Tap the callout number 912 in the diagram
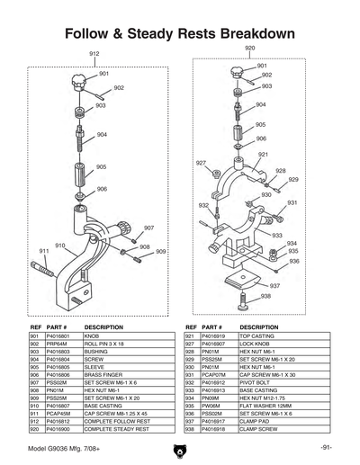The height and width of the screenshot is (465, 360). click(94, 54)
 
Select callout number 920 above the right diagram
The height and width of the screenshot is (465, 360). click(249, 47)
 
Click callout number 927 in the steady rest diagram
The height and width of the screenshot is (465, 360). click(202, 163)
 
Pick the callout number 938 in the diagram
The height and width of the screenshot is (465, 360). click(265, 296)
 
